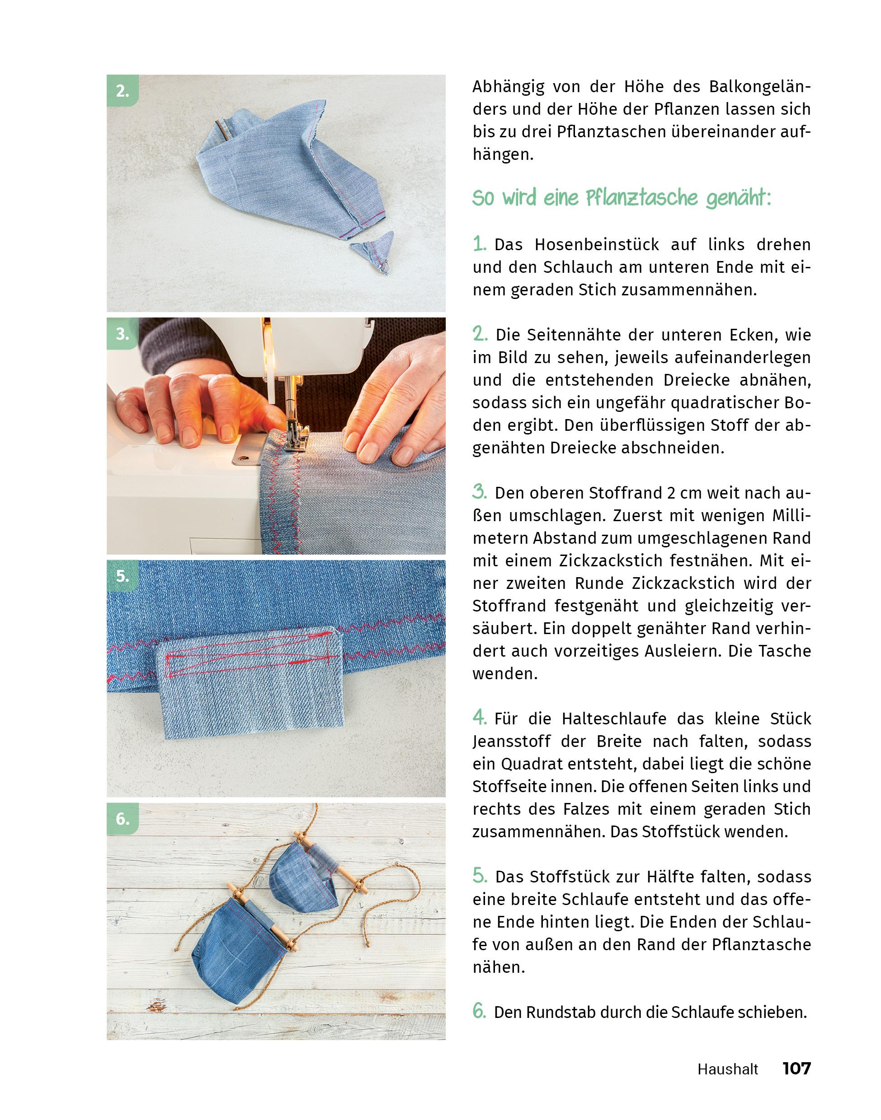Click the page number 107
point(796,1068)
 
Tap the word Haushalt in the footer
point(728,1069)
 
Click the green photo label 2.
point(122,91)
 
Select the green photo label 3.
point(122,334)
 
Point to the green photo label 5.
point(122,576)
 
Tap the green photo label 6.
point(122,818)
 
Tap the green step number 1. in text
point(480,244)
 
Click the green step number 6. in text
point(480,1011)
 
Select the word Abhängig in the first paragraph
point(508,87)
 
